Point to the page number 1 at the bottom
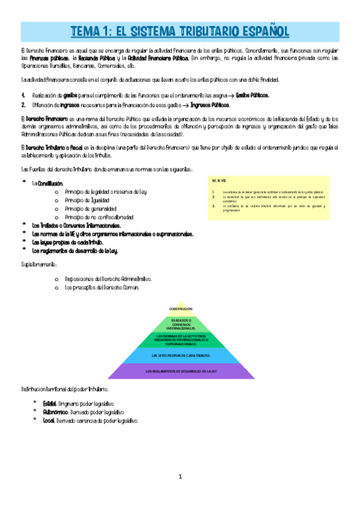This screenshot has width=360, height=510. tap(180, 477)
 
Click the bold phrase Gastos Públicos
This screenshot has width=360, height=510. tap(253, 95)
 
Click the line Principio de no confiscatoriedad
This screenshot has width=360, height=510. tap(99, 217)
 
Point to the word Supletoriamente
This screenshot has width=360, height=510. tap(40, 265)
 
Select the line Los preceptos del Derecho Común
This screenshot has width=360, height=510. tap(102, 287)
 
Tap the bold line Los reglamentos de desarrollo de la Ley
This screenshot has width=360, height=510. tap(75, 250)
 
